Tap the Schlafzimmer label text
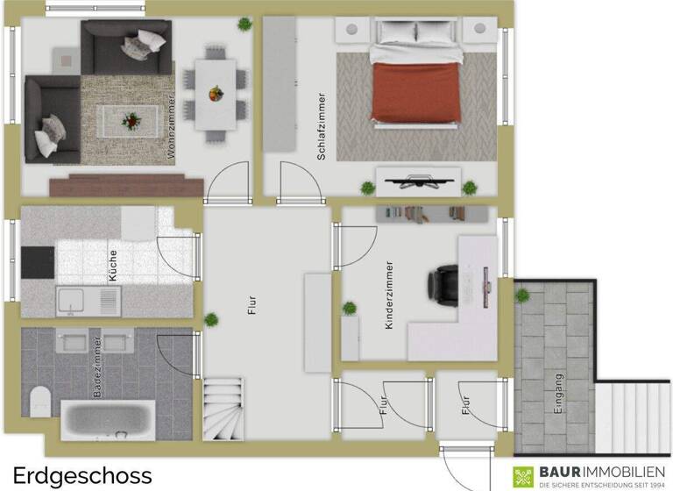click(x=322, y=125)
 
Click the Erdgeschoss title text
click(x=82, y=475)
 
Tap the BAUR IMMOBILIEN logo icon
click(x=524, y=476)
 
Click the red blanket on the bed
click(x=417, y=91)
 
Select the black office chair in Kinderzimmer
click(x=442, y=284)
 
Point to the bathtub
click(x=108, y=421)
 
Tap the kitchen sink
click(x=87, y=302)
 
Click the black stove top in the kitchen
click(x=38, y=261)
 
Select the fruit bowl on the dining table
click(x=215, y=92)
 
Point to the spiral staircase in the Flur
click(x=224, y=409)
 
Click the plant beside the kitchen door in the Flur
click(x=210, y=319)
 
